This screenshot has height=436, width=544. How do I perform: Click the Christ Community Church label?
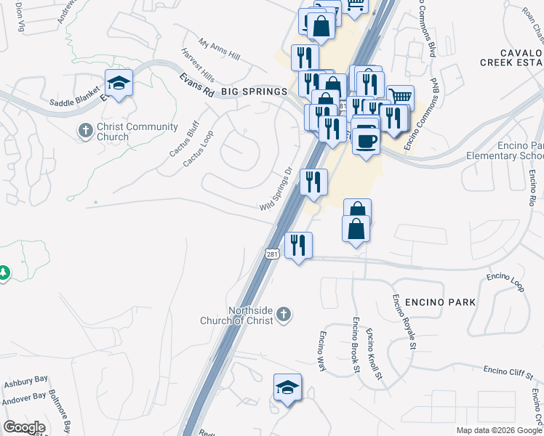click(127, 132)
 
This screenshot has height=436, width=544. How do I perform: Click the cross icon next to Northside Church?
click(284, 315)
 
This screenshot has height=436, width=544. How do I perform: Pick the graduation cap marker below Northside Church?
click(287, 387)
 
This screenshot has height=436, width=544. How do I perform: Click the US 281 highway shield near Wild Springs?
click(271, 254)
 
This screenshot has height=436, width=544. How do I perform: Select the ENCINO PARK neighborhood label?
click(441, 302)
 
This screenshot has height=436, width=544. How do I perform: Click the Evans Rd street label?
click(198, 82)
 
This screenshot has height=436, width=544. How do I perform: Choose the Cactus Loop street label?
click(198, 148)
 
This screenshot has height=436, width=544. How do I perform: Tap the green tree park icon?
click(4, 272)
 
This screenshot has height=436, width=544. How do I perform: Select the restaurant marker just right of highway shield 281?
click(297, 246)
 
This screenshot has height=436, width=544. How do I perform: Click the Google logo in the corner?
click(24, 427)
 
